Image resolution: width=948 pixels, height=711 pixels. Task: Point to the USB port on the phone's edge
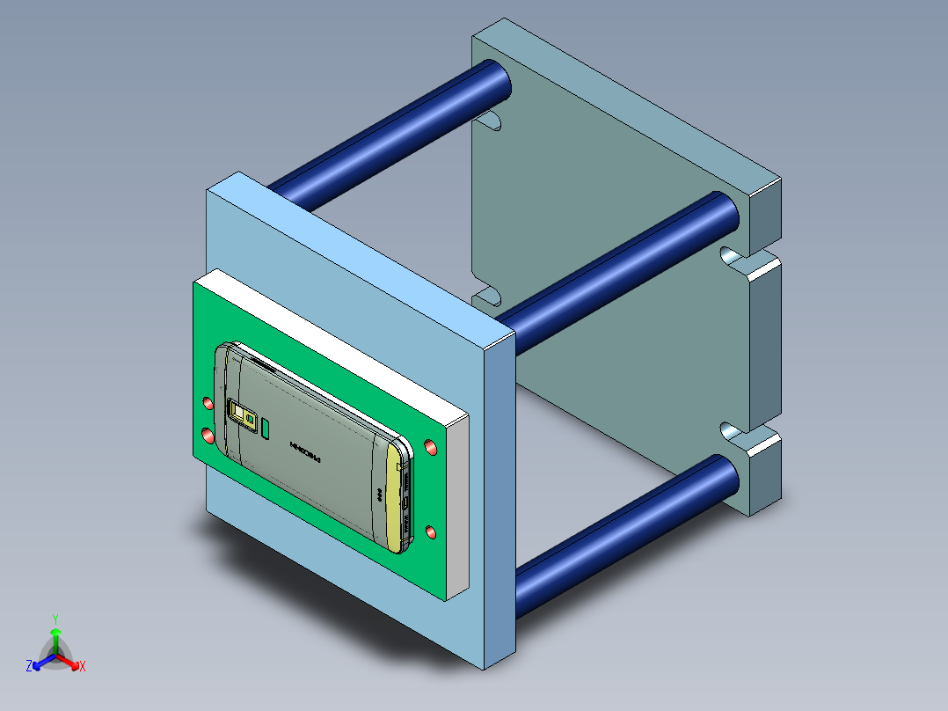point(405,502)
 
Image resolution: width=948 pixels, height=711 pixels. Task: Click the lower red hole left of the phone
point(208,436)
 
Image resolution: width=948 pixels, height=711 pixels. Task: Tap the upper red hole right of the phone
point(431,448)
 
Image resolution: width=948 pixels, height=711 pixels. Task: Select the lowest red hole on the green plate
point(431,532)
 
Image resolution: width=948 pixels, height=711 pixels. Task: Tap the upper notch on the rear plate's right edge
point(729,256)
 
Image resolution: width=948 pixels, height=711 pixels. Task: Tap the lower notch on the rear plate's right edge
point(729,430)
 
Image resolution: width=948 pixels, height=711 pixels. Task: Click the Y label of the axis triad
point(55,618)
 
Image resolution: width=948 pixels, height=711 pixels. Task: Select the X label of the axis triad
point(83,667)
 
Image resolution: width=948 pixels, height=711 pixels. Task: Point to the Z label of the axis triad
point(29,666)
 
